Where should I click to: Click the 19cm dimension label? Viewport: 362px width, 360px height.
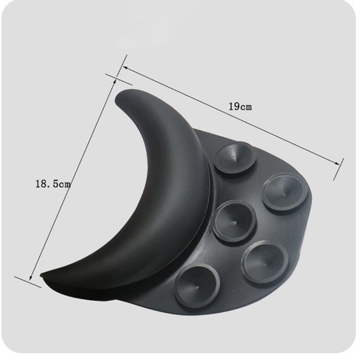coord(240,107)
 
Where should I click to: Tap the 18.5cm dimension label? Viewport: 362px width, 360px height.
coord(53,184)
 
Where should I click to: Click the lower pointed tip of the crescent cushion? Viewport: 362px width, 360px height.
coord(42,275)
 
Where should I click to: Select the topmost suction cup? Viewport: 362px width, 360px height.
coord(235,158)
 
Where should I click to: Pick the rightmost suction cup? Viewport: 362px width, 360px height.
coord(284,192)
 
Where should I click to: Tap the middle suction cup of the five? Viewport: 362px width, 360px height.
coord(234,223)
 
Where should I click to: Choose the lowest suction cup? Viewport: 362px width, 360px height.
coord(197,287)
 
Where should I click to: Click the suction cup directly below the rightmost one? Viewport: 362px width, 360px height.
coord(265,262)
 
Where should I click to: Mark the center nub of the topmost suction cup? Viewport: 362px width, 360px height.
coord(234,157)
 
